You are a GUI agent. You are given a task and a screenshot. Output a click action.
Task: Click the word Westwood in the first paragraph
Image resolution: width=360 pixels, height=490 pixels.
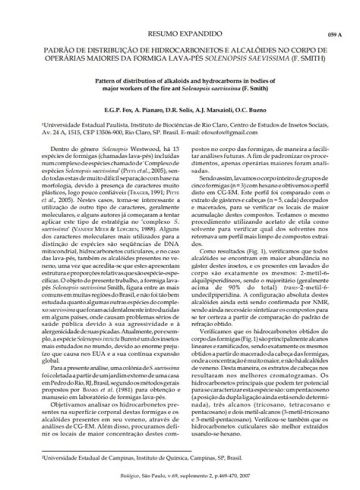pyautogui.click(x=134, y=149)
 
